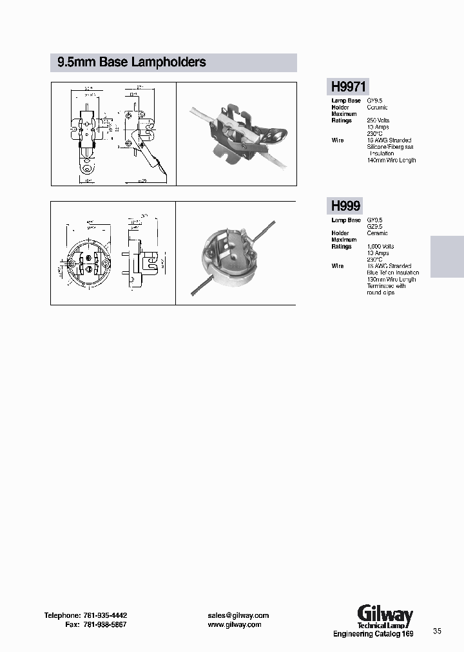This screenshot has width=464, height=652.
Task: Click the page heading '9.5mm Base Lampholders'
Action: [x=131, y=62]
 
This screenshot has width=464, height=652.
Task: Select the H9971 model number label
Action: [x=349, y=86]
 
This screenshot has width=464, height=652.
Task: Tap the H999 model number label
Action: [x=345, y=206]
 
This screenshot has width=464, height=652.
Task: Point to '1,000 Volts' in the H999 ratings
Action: [x=381, y=246]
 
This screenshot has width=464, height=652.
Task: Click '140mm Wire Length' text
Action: [x=391, y=160]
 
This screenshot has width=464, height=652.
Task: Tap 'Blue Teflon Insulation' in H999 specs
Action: [x=392, y=273]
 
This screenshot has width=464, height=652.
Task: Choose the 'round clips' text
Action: [x=381, y=292]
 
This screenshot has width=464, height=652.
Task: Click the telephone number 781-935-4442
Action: [x=99, y=615]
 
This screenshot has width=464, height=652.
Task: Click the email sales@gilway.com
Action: [x=238, y=615]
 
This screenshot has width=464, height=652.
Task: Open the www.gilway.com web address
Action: [x=235, y=625]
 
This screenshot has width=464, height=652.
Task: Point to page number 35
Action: [x=438, y=631]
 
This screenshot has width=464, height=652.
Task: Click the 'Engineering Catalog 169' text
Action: [x=373, y=635]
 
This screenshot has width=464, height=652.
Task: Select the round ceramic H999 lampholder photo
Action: [x=236, y=255]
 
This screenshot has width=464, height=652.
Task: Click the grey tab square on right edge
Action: [x=447, y=256]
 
